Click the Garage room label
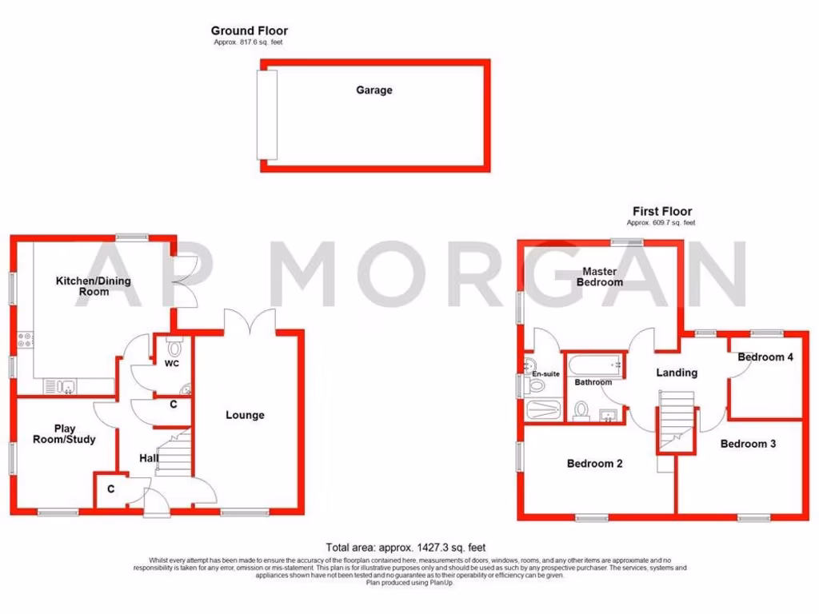pos(374,90)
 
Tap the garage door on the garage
pos(266,114)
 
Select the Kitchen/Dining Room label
pos(93,286)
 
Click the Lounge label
pos(245,415)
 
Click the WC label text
pos(172,364)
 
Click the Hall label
pos(149,458)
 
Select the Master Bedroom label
pos(600,277)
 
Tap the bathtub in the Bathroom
pos(593,365)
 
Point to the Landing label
pos(677,373)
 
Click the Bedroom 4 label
pos(765,357)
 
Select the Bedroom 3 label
pos(748,444)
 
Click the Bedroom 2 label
pos(594,463)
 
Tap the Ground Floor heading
pos(249,31)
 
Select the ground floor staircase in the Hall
pos(175,456)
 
